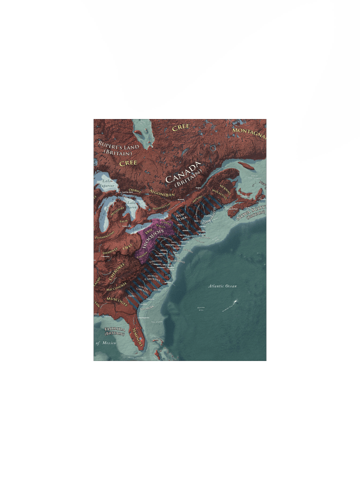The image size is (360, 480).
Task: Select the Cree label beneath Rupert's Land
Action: pyautogui.click(x=127, y=162)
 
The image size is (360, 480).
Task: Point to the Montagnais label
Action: pyautogui.click(x=248, y=132)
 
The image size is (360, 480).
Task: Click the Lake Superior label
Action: pyautogui.click(x=106, y=183)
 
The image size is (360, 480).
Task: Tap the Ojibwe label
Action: pyautogui.click(x=134, y=190)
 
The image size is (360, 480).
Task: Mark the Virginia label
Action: pyautogui.click(x=155, y=261)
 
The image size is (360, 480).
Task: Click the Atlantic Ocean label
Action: pyautogui.click(x=222, y=286)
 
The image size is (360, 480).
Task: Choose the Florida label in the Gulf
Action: pyautogui.click(x=114, y=330)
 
